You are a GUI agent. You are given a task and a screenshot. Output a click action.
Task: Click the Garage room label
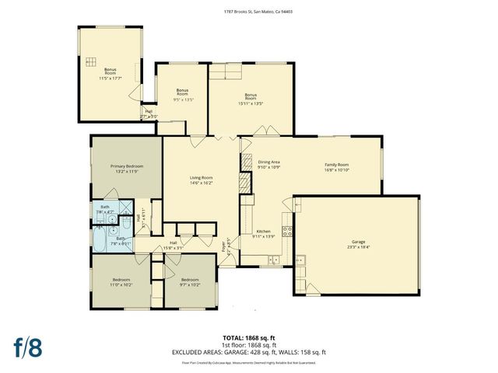tap(358, 242)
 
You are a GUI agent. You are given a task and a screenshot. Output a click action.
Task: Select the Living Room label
tap(202, 178)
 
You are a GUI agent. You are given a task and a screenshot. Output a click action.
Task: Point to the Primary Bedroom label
tap(126, 166)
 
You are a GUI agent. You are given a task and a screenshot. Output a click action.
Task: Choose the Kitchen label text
tap(264, 232)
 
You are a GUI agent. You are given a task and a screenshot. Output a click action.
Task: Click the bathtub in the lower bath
tap(100, 241)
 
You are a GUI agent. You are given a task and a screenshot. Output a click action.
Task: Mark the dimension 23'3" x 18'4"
tap(358, 246)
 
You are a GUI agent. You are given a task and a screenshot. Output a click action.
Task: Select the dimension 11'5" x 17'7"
tap(110, 78)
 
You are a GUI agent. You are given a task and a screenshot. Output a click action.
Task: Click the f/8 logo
tap(26, 346)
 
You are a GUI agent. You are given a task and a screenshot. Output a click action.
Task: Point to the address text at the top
tap(249, 12)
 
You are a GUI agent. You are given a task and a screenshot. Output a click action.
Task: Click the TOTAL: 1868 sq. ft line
tap(249, 338)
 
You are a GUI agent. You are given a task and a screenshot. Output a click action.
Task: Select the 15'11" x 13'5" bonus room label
tap(251, 100)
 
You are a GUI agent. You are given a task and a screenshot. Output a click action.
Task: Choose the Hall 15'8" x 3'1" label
tap(174, 245)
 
